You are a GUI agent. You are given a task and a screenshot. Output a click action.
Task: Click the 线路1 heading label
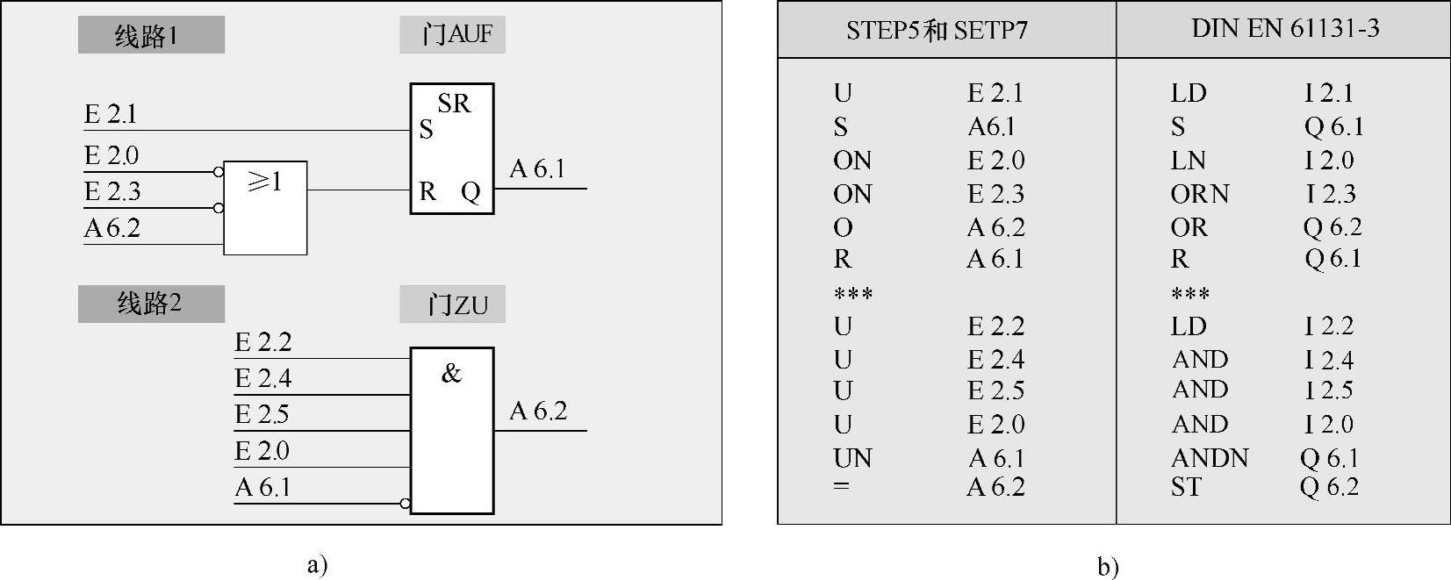pos(150,36)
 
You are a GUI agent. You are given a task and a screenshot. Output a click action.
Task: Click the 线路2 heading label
pos(150,304)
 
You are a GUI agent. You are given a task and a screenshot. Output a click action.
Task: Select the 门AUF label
pos(452,35)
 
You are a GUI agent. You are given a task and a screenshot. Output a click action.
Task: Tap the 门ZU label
pos(452,304)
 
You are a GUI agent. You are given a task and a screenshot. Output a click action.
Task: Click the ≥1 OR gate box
pos(265,208)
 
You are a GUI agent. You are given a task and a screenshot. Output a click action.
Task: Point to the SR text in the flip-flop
pos(454,104)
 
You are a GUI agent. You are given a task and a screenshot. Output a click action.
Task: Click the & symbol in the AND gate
pos(451,374)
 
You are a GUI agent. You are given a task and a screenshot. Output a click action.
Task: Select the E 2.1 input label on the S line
pos(111,114)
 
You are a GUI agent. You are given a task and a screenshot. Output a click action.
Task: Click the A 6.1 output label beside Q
pos(537,168)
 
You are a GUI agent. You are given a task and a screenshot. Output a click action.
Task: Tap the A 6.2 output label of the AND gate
pos(538,411)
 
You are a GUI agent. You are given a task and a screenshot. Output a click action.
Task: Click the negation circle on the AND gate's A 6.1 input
pos(405,504)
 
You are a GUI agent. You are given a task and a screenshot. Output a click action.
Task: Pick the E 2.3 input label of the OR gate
pos(112,191)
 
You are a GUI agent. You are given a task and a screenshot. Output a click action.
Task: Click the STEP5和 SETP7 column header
pos(937,31)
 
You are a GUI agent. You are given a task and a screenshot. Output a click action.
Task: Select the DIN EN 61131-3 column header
pos(1285,29)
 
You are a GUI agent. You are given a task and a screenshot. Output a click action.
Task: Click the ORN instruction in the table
pos(1199,194)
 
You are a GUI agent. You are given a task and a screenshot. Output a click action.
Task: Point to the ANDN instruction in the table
pos(1210,458)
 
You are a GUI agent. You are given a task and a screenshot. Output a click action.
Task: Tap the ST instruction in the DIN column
pos(1185,487)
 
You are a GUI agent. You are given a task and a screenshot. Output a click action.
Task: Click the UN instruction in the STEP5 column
pos(852,458)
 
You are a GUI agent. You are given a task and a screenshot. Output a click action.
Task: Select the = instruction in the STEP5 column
pos(841,485)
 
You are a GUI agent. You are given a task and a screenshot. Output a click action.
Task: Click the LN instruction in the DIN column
pos(1188,161)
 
